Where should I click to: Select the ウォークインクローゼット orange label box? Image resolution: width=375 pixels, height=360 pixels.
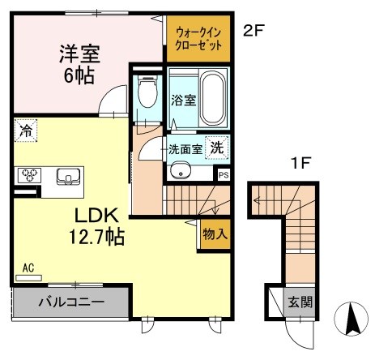click(198, 40)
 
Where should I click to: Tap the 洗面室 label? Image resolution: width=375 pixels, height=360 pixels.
click(185, 149)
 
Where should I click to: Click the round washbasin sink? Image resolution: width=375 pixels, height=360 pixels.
click(180, 170)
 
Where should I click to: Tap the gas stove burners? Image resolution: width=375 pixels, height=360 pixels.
click(31, 174)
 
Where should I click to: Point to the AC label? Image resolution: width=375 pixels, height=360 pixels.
click(28, 267)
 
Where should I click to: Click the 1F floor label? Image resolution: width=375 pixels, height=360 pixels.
click(302, 162)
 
